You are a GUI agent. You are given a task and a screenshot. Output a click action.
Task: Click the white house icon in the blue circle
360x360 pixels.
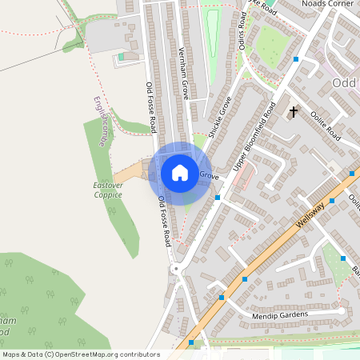point(180,173)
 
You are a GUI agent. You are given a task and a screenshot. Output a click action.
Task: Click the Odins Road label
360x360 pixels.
point(242,32)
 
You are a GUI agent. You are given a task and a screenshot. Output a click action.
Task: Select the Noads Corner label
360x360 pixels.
point(327,4)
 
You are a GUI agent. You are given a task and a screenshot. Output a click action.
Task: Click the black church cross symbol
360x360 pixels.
point(294,111)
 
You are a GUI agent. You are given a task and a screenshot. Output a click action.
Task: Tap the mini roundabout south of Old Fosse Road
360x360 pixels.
point(175,270)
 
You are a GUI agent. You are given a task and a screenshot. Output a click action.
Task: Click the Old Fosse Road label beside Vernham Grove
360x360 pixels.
point(150,106)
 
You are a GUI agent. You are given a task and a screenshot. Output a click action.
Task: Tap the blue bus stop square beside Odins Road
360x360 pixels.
point(296,59)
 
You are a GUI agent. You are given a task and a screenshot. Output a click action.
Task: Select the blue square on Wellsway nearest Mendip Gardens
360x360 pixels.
point(222,298)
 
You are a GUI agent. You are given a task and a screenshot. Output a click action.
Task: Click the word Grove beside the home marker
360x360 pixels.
point(209,174)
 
